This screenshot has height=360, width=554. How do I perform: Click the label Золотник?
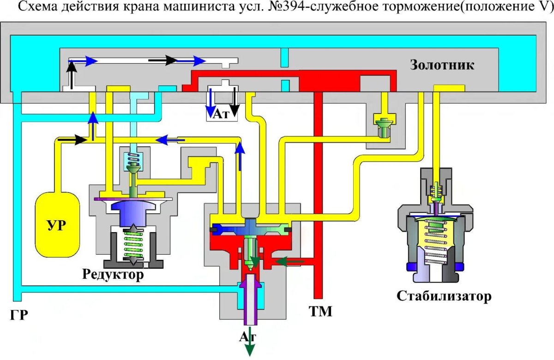(442, 65)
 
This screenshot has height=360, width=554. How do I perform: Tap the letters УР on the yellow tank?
(56, 226)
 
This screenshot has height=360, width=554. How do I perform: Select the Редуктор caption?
(113, 275)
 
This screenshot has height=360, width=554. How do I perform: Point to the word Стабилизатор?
(444, 296)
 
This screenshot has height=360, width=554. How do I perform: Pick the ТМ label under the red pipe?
(320, 312)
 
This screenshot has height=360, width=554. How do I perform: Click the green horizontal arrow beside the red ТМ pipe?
(288, 262)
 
